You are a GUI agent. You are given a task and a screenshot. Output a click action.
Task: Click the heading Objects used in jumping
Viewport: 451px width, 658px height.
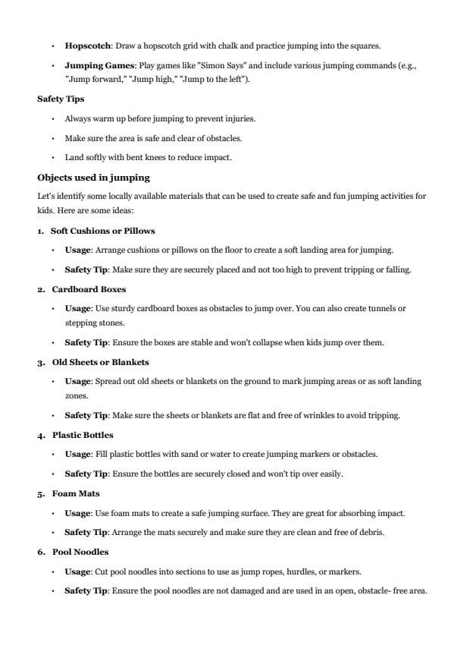pyautogui.click(x=94, y=178)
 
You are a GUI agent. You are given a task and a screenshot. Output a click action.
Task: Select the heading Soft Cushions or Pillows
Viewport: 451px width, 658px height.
pyautogui.click(x=102, y=230)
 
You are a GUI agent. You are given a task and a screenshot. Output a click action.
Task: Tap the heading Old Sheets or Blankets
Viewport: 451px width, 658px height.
pyautogui.click(x=100, y=362)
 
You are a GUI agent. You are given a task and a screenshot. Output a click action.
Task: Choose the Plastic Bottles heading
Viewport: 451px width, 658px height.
pyautogui.click(x=83, y=435)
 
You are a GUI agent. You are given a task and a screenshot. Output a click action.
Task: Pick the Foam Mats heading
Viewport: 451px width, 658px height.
pyautogui.click(x=75, y=493)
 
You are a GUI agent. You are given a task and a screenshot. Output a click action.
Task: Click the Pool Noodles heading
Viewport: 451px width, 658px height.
pyautogui.click(x=80, y=552)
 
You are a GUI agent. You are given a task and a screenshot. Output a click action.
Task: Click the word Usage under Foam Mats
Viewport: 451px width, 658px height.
pyautogui.click(x=77, y=513)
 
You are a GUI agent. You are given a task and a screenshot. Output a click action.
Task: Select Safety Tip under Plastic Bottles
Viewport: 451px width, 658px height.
pyautogui.click(x=83, y=474)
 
